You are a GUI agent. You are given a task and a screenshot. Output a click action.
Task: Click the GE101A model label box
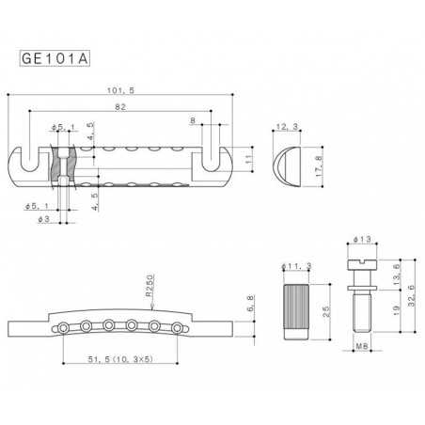(55, 56)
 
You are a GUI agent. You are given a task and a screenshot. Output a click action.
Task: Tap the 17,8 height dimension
(322, 161)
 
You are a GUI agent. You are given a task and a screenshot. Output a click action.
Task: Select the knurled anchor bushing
(294, 309)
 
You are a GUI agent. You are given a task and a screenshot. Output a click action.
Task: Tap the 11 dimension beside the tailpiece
(248, 161)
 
